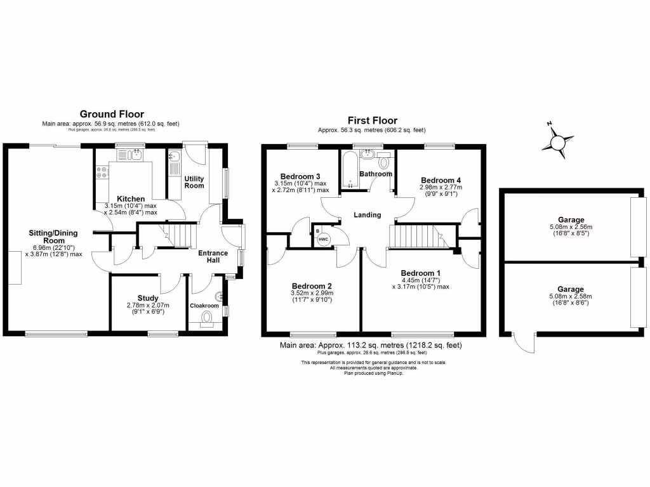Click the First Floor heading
point(372,120)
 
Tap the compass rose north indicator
point(550,125)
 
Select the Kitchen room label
point(130,198)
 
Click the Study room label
point(148,297)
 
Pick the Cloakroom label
point(204,306)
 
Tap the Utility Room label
point(194,182)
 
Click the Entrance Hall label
point(213,257)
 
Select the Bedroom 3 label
point(300,176)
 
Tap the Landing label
point(368,215)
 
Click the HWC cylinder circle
point(323,238)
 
